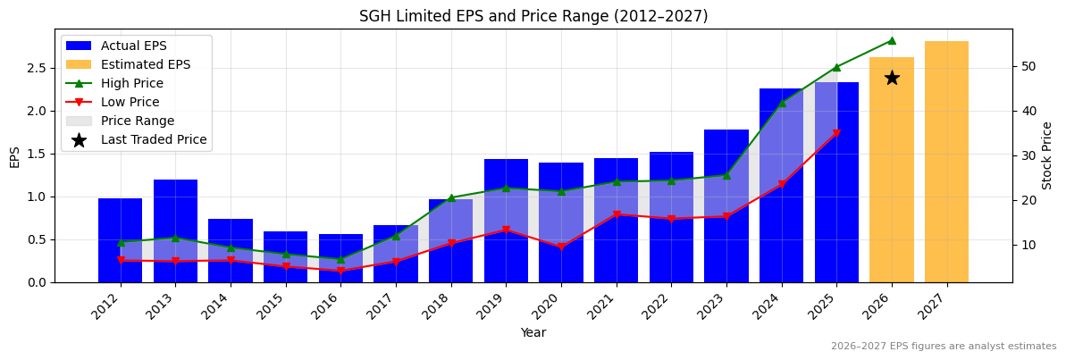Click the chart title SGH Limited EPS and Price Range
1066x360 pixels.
533,16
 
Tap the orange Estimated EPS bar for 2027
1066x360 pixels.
946,161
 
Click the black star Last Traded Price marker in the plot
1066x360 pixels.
892,78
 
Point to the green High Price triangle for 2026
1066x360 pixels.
892,40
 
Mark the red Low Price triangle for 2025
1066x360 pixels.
836,134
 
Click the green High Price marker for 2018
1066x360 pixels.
451,197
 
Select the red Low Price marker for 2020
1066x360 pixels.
561,247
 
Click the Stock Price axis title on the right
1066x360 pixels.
1047,155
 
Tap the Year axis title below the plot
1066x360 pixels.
533,333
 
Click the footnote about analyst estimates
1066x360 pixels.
944,347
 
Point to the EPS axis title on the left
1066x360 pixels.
14,156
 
